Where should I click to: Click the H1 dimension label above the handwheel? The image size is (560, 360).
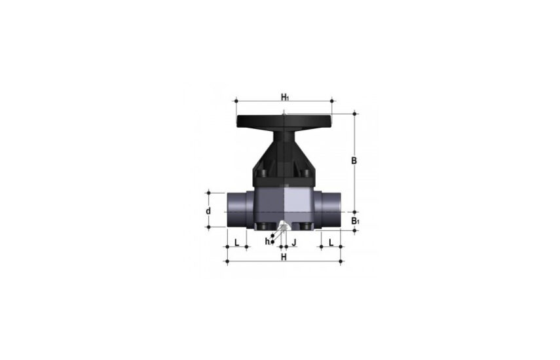pyautogui.click(x=285, y=97)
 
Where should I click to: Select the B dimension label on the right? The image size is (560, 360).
pyautogui.click(x=354, y=161)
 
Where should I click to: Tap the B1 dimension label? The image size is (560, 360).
pyautogui.click(x=355, y=221)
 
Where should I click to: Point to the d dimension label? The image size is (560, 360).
pyautogui.click(x=208, y=211)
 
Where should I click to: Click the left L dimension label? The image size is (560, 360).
pyautogui.click(x=236, y=243)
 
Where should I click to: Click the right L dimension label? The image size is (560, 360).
pyautogui.click(x=331, y=243)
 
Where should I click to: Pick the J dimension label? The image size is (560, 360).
pyautogui.click(x=294, y=243)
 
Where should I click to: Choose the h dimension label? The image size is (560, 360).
pyautogui.click(x=267, y=242)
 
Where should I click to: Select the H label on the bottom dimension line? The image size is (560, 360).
pyautogui.click(x=284, y=257)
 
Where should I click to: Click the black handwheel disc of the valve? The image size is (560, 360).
pyautogui.click(x=284, y=120)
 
